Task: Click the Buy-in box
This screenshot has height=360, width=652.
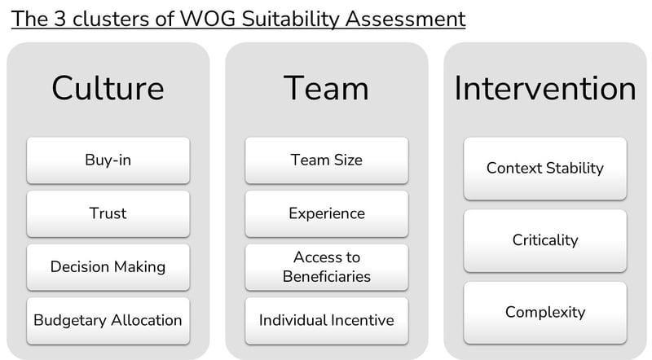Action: point(108,160)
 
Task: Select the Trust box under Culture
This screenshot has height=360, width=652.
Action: point(108,213)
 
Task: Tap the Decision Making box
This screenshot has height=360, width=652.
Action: point(108,267)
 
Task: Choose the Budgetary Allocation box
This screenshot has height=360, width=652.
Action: point(108,321)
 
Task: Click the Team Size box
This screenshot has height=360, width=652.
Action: point(327,160)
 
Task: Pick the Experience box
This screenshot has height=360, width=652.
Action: point(327,213)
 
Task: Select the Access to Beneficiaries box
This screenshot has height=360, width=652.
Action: point(327,267)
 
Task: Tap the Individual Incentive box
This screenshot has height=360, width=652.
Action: point(327,321)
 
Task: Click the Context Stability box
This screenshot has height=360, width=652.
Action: point(545,169)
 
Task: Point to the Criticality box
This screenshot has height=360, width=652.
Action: point(545,241)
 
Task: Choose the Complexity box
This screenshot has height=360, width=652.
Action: point(545,313)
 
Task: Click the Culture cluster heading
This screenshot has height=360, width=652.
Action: point(108,88)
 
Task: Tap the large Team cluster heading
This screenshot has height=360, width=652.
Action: point(327,88)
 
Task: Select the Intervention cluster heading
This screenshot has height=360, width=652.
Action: point(545,88)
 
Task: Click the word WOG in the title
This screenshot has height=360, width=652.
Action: point(209,19)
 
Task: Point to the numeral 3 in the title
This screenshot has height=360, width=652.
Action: point(59,19)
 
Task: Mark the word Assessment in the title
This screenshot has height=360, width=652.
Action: point(405,19)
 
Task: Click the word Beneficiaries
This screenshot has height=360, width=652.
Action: point(327,276)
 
